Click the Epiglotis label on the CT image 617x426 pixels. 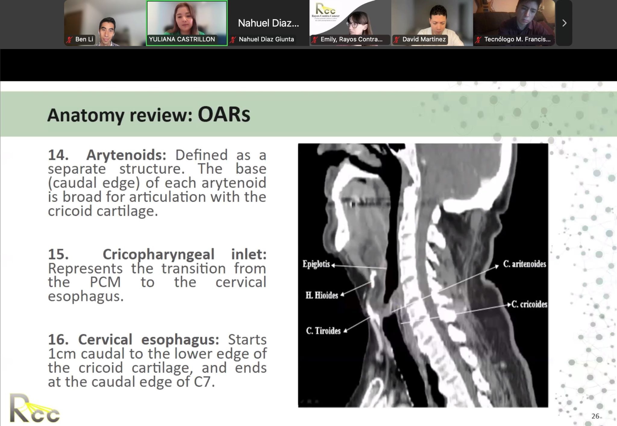[x=316, y=264]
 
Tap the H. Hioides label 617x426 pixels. [x=322, y=295]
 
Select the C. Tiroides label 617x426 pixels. [x=323, y=331]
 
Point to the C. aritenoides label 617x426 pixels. [x=525, y=264]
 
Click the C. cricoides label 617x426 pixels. [x=529, y=304]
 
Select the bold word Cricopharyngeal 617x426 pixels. [x=158, y=255]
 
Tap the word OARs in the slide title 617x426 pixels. [x=224, y=115]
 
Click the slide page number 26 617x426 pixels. [x=595, y=416]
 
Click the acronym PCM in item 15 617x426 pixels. [x=105, y=282]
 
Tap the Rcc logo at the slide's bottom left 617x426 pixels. [x=34, y=409]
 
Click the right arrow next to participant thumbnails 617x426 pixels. [x=564, y=23]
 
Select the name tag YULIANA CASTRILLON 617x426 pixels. [x=182, y=39]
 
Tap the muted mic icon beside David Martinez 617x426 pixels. [x=396, y=40]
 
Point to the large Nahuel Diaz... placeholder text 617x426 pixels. [x=268, y=23]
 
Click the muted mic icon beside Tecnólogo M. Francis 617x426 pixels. [x=478, y=40]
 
